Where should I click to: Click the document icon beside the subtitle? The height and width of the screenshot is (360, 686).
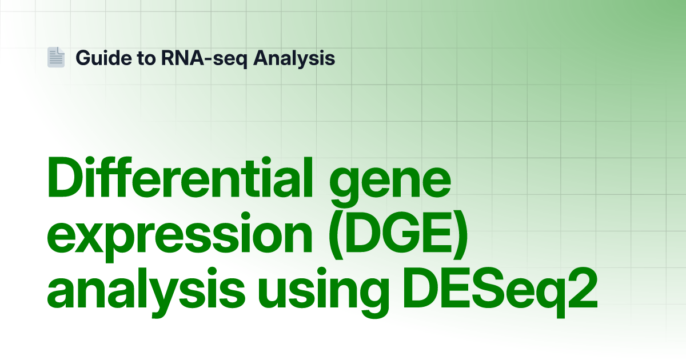pyautogui.click(x=56, y=57)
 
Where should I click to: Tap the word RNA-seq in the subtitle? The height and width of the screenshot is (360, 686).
pyautogui.click(x=204, y=58)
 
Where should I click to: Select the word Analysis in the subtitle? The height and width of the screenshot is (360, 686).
pyautogui.click(x=294, y=58)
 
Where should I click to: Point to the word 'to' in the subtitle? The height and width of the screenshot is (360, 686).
pyautogui.click(x=147, y=58)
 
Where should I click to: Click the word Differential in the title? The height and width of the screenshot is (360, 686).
pyautogui.click(x=180, y=177)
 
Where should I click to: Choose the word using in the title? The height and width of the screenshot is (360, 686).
pyautogui.click(x=323, y=293)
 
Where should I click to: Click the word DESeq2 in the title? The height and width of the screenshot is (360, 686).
pyautogui.click(x=500, y=293)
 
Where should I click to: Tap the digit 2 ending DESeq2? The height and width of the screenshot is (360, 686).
pyautogui.click(x=583, y=289)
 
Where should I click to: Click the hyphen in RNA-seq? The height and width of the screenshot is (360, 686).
pyautogui.click(x=208, y=59)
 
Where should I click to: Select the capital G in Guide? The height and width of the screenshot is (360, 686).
pyautogui.click(x=83, y=58)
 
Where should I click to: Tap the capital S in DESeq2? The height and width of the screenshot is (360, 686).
pyautogui.click(x=487, y=289)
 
